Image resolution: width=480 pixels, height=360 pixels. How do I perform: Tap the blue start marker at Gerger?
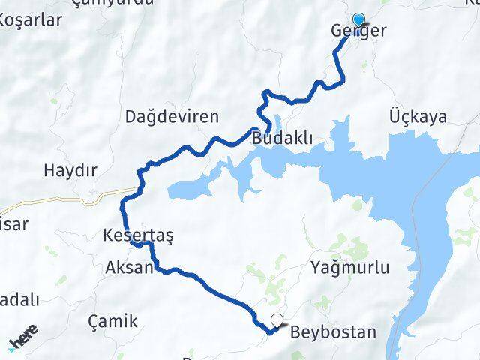coord(358,21)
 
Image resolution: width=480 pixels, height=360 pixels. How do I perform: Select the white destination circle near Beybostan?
coord(278,319)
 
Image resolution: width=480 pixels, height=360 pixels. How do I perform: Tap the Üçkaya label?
coord(418,117)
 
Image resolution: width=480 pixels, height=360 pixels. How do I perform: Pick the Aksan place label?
coord(130,268)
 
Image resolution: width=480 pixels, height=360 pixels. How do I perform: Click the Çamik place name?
coord(112,322)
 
